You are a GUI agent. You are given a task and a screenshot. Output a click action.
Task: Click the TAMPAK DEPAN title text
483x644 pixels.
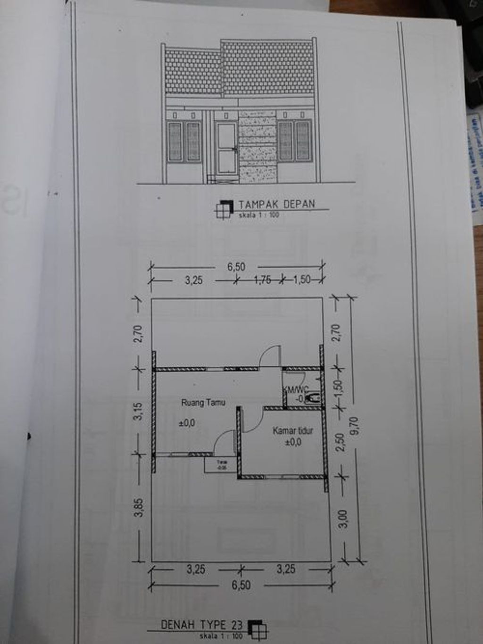pyautogui.click(x=276, y=205)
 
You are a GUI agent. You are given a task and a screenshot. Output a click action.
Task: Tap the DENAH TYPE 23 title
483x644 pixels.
pyautogui.click(x=201, y=625)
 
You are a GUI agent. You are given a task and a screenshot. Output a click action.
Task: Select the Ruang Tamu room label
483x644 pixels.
pyautogui.click(x=203, y=403)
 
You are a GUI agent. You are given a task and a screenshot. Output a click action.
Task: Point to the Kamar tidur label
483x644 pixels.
pyautogui.click(x=293, y=430)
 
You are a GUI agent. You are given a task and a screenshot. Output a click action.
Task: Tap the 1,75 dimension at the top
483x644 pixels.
pyautogui.click(x=262, y=280)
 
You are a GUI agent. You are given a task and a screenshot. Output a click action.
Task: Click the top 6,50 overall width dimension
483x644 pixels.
pyautogui.click(x=236, y=267)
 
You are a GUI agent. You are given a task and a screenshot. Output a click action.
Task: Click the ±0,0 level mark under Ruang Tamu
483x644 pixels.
pyautogui.click(x=187, y=423)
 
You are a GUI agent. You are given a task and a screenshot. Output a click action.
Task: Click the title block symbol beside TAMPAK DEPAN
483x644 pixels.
pyautogui.click(x=224, y=208)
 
